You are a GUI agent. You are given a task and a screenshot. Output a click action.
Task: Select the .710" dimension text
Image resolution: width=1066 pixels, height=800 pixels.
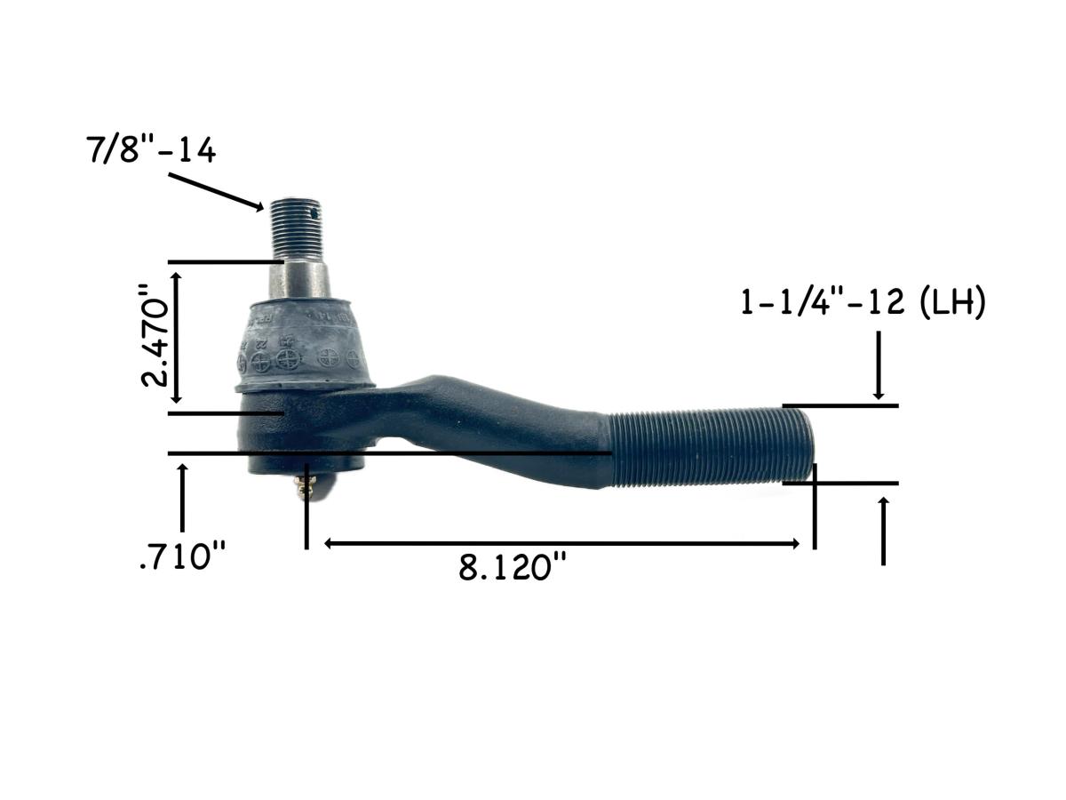tap(183, 558)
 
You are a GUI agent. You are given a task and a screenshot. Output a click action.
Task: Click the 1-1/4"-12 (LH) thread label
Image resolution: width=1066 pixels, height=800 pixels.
tap(863, 304)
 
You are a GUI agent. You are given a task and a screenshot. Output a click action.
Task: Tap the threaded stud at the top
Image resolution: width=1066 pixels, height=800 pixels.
tap(295, 228)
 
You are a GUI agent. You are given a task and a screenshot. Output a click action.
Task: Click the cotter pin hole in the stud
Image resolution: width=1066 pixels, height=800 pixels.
tap(310, 212)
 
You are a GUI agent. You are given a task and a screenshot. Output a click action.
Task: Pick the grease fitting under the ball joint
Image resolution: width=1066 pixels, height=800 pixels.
tap(308, 485)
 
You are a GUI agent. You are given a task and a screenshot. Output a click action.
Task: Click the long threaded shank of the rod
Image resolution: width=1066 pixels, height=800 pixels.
tap(711, 444)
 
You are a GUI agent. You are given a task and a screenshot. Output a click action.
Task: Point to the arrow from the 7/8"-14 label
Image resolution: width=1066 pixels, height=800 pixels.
tap(217, 190)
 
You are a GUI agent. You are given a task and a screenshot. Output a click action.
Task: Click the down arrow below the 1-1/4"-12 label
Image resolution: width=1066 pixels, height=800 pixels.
tap(878, 364)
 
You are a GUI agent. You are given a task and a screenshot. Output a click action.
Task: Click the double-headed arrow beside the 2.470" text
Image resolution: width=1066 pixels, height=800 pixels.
tap(178, 338)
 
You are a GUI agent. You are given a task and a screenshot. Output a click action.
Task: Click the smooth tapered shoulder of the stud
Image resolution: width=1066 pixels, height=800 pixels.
tap(298, 280)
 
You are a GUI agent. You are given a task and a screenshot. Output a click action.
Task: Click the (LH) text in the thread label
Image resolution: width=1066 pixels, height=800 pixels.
tap(951, 304)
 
